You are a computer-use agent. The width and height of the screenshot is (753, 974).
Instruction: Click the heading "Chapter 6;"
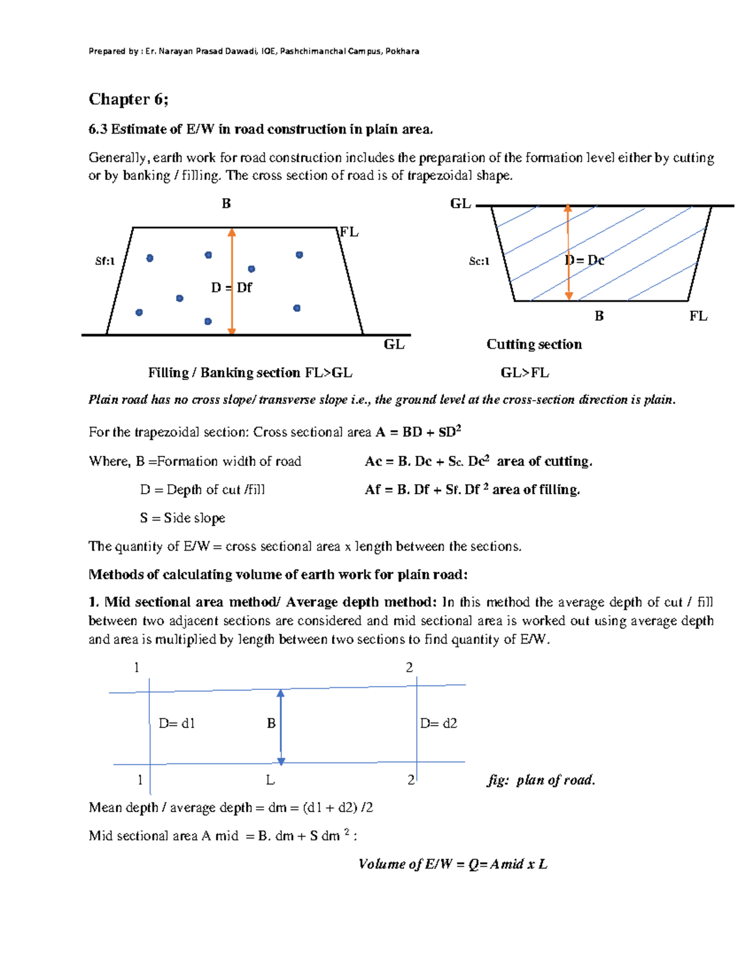click(x=128, y=99)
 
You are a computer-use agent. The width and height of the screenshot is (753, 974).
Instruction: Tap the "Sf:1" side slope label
click(x=105, y=261)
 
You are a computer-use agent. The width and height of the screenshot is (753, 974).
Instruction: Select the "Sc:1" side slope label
click(x=479, y=261)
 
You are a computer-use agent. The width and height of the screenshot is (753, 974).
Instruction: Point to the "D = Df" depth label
click(x=231, y=287)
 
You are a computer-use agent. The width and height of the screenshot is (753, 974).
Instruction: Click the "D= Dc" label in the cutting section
click(x=584, y=260)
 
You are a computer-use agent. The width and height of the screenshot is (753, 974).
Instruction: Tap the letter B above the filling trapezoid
click(x=226, y=203)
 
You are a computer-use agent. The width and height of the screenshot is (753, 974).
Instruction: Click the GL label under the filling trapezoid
click(x=394, y=344)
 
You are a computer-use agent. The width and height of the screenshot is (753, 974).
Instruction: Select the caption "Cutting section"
click(x=534, y=344)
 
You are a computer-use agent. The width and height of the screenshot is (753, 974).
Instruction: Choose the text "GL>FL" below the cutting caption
click(x=525, y=373)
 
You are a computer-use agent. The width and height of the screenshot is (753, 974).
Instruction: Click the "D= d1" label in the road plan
click(x=176, y=723)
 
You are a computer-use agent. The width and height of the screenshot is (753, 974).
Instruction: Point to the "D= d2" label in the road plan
click(x=438, y=723)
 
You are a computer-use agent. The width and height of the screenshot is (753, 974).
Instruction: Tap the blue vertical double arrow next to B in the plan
click(x=280, y=728)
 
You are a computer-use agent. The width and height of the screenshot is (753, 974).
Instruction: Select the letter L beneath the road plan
click(x=270, y=780)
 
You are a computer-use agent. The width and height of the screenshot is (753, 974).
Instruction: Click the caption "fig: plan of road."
click(x=541, y=780)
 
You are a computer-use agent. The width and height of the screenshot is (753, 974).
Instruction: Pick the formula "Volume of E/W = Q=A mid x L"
click(x=452, y=864)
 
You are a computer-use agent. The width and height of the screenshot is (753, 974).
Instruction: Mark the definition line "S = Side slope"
click(x=182, y=518)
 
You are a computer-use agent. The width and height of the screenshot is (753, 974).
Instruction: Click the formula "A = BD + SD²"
click(x=418, y=431)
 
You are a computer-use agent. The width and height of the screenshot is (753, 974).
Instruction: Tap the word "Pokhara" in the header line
click(x=402, y=51)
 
